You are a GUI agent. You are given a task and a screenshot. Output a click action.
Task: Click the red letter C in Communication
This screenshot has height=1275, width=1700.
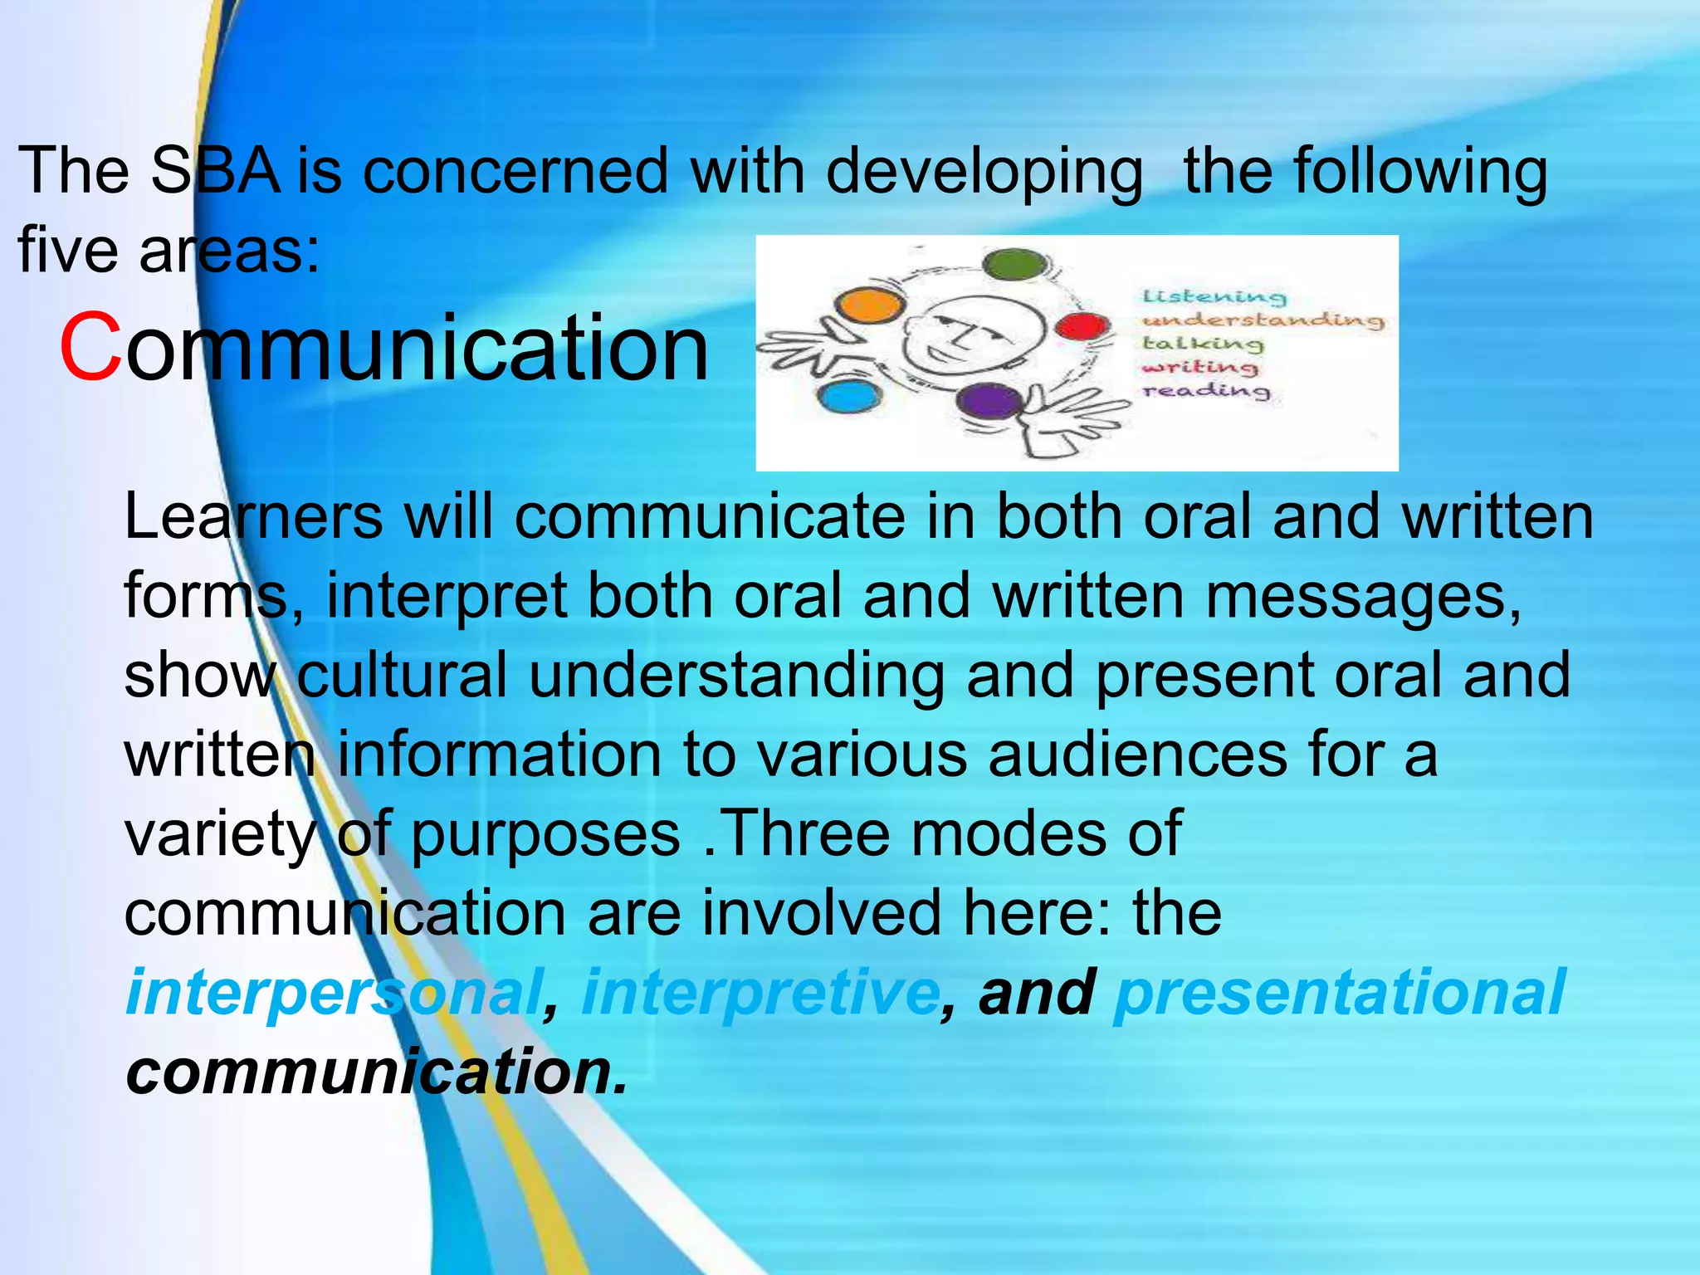(90, 347)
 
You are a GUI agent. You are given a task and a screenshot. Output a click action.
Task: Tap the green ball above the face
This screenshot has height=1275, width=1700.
(1014, 266)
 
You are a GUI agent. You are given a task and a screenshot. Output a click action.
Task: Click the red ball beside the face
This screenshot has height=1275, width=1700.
(1082, 325)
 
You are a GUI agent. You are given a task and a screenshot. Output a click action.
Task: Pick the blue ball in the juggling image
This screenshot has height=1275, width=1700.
(847, 397)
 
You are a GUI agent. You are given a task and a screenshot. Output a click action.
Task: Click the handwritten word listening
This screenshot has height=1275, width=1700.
(1214, 296)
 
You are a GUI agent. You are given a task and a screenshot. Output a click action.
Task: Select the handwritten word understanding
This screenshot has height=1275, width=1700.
(1262, 320)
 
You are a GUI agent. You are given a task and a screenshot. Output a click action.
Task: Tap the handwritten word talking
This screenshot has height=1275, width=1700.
(1202, 343)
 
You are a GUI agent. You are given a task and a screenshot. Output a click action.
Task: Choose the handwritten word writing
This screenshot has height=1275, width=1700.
(1199, 366)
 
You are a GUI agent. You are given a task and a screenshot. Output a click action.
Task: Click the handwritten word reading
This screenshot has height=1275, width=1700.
(1206, 389)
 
